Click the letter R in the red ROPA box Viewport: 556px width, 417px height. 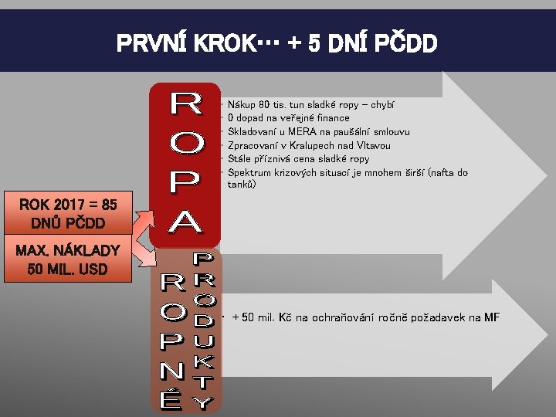(185, 103)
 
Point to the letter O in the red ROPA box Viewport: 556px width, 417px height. (185, 142)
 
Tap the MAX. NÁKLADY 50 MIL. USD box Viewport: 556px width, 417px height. (69, 260)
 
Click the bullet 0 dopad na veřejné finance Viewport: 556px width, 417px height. (289, 118)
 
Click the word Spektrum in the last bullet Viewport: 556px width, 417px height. (249, 173)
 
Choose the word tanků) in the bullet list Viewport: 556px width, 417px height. (246, 185)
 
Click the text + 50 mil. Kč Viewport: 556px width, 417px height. (263, 318)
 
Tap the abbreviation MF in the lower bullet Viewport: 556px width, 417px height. (491, 318)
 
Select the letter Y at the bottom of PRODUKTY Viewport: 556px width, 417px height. (202, 402)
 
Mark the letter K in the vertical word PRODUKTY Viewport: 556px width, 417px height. (202, 360)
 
